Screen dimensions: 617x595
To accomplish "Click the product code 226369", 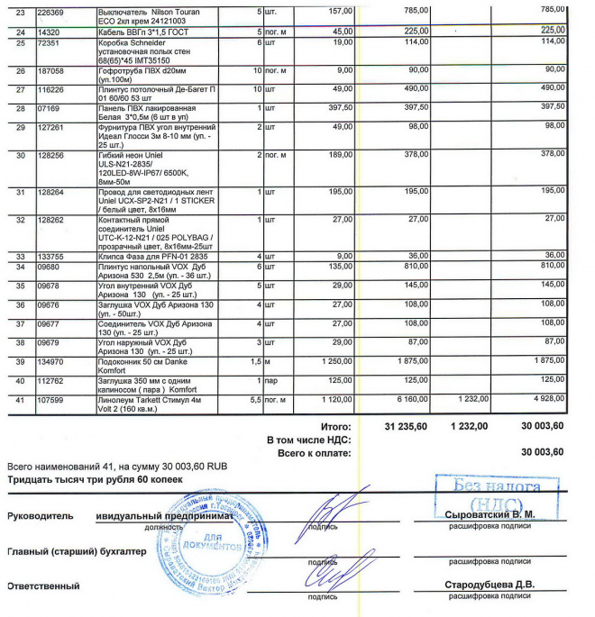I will click(x=50, y=11).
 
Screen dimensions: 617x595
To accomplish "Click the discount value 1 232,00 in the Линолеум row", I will click(x=471, y=399).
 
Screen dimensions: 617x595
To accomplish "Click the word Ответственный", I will click(x=42, y=586).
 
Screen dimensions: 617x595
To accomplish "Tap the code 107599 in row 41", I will click(x=50, y=399).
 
